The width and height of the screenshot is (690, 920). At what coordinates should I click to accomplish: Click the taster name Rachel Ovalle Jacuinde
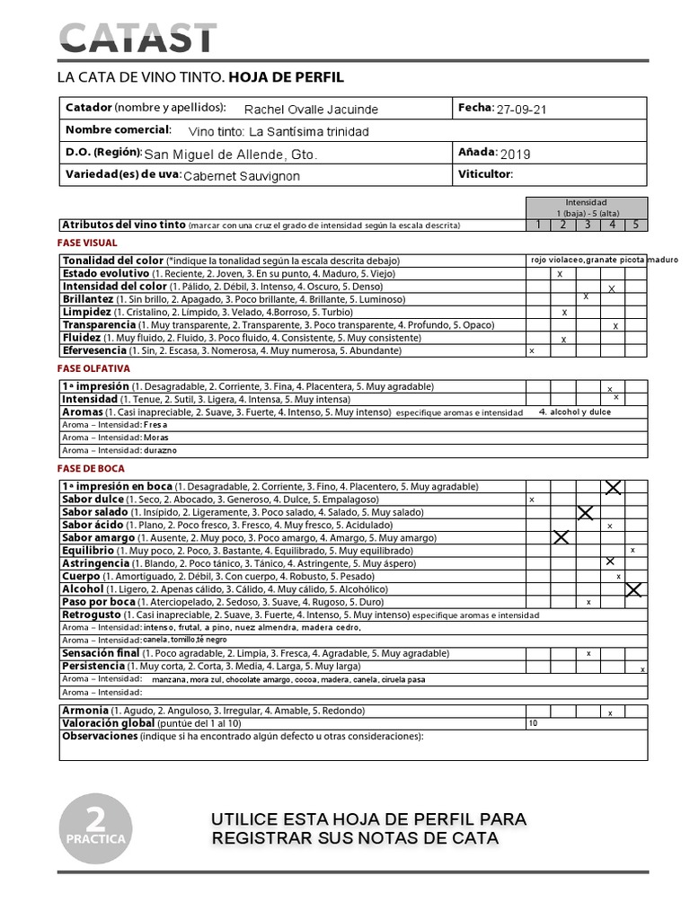point(311,110)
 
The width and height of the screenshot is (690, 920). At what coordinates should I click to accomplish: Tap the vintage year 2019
point(516,154)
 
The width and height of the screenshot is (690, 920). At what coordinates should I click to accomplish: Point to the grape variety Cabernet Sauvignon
point(242,176)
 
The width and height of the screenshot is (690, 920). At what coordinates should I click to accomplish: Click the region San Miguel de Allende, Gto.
point(231,154)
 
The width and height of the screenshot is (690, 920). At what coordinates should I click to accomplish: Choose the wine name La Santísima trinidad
point(293,131)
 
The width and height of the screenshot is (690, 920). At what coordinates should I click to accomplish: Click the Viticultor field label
point(484,174)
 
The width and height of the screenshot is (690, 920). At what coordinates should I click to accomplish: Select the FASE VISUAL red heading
point(87,243)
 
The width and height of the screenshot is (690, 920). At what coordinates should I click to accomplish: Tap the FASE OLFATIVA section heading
point(93,368)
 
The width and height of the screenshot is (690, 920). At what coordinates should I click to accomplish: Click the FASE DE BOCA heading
point(91,468)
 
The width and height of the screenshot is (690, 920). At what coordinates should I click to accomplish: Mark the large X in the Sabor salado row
point(586,513)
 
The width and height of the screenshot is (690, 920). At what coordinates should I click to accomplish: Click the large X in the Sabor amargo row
point(562,537)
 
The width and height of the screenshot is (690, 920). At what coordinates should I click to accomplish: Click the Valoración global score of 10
point(534,722)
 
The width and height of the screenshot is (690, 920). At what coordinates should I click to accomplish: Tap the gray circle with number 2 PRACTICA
point(95,827)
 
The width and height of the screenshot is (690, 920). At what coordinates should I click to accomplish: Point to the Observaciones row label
point(99,737)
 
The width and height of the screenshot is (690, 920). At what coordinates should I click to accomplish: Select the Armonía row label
point(85,710)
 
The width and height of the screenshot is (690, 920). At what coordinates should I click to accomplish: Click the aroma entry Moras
point(155,438)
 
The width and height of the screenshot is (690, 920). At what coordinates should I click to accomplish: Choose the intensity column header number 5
point(635,225)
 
